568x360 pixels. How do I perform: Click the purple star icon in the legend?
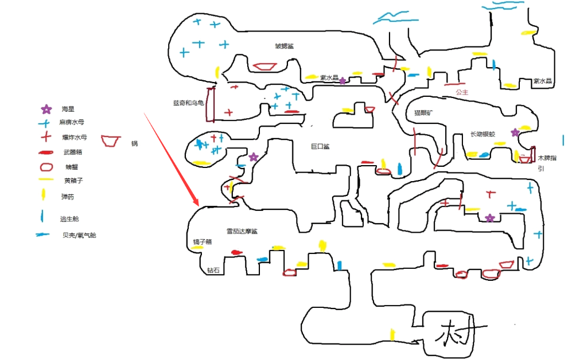[46, 109]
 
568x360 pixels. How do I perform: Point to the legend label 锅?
[134, 143]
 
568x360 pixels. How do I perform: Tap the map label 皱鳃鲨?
[284, 46]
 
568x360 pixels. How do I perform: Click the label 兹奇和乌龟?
[188, 103]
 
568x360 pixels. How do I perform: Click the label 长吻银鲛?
[483, 135]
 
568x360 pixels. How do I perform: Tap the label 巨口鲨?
[320, 146]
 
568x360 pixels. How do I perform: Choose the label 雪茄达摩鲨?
[242, 232]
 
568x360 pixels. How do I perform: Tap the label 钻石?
[213, 269]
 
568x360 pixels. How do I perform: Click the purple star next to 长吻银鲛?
[515, 132]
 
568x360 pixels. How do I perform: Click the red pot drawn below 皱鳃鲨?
[264, 66]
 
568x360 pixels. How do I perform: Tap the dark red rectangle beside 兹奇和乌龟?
[211, 104]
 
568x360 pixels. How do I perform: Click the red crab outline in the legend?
[46, 167]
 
